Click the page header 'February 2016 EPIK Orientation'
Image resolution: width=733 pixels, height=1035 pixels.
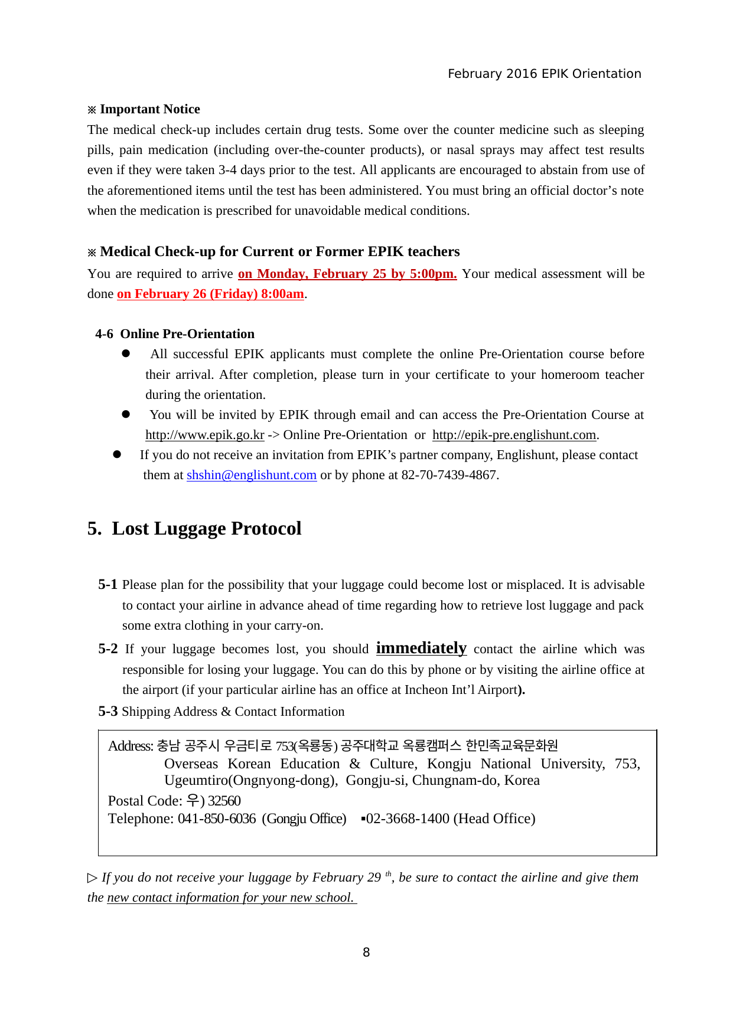tap(544, 74)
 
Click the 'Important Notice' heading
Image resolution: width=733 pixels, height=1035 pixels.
tap(149, 109)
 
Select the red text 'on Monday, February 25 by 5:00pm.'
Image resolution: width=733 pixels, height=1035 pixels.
tap(347, 274)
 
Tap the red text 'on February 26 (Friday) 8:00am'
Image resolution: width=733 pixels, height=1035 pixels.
tap(210, 294)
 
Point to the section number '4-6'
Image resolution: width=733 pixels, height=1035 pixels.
tap(104, 334)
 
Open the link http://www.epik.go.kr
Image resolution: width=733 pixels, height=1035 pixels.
tap(204, 435)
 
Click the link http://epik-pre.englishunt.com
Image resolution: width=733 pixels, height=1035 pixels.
tap(514, 435)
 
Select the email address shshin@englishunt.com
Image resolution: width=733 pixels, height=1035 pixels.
tap(252, 475)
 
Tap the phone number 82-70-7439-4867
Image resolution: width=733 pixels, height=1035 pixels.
tap(449, 475)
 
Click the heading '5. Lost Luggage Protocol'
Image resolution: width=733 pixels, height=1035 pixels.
tap(194, 528)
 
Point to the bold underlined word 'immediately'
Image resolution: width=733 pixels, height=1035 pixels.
tap(421, 648)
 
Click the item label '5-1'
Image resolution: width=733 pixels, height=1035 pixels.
tap(107, 585)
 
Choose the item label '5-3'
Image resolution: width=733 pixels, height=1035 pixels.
tap(107, 712)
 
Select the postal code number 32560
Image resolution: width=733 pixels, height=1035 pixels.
tap(224, 801)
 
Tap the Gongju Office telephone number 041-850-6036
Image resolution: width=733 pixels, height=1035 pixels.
tap(217, 819)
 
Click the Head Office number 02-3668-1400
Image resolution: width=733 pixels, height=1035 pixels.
tap(408, 819)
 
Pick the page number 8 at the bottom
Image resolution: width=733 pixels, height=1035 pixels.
tap(366, 952)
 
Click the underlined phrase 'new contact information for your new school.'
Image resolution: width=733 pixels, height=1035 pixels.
tap(230, 898)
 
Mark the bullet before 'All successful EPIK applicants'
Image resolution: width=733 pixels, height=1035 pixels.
tap(126, 353)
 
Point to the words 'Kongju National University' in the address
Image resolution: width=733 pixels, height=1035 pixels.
tap(515, 764)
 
